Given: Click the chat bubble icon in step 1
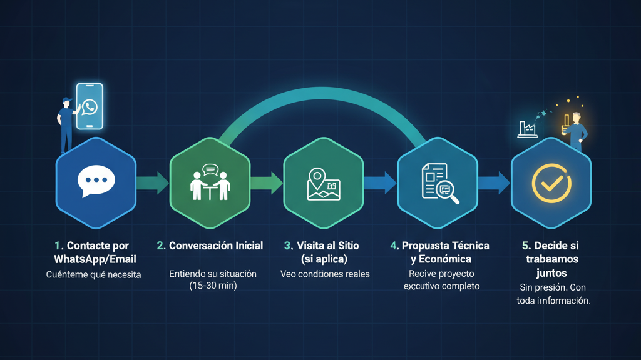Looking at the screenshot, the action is coord(96,182).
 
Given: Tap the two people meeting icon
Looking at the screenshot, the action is coord(210,182).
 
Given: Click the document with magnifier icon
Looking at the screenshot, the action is coord(439,182).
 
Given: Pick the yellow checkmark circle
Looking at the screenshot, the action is coord(551,182).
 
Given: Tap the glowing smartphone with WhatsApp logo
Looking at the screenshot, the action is coord(90,106).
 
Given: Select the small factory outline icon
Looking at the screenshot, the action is coord(528,129).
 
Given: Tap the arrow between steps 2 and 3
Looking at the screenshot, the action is coord(267,182).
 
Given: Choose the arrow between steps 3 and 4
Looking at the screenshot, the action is coord(380,182).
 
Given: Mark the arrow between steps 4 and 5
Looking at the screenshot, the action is coord(494,182).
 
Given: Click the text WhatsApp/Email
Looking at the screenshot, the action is coord(95,259).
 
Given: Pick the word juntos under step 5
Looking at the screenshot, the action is coord(551,273).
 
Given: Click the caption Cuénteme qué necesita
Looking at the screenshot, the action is coord(94,274).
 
